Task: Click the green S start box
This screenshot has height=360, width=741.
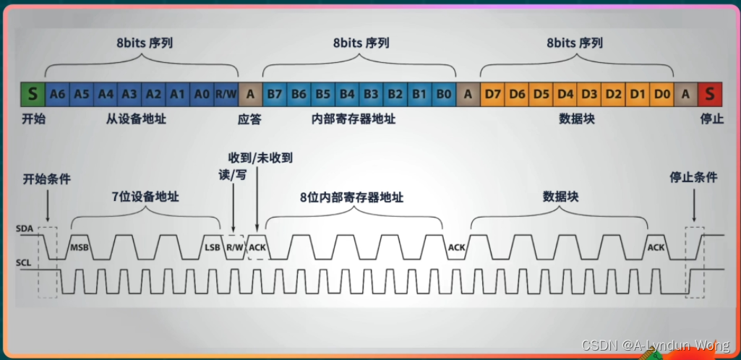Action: point(32,93)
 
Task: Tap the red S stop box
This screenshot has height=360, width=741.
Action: point(709,93)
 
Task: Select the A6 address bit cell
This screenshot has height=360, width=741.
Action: point(57,93)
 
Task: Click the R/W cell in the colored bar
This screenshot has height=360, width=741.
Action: point(226,93)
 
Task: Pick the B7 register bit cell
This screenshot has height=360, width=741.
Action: point(275,93)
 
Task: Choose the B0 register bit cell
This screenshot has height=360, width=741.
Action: point(445,93)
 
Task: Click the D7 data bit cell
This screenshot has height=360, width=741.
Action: point(493,93)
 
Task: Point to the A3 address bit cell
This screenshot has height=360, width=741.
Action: point(129,93)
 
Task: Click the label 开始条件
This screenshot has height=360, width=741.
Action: point(47,179)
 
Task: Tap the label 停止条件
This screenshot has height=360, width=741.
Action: point(693,178)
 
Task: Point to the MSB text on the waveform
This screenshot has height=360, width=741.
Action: point(79,248)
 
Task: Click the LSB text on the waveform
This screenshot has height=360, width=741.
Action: point(212,248)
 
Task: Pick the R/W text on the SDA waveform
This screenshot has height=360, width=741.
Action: point(234,248)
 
